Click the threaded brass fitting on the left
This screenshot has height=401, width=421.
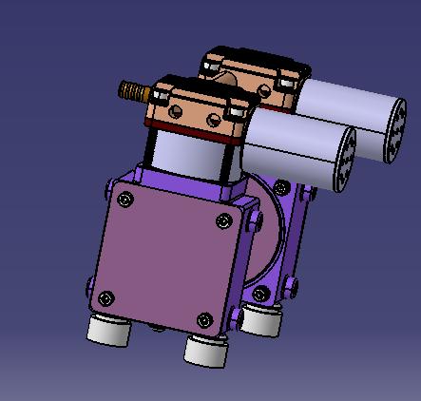(130, 92)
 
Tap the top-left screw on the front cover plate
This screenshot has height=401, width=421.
(123, 200)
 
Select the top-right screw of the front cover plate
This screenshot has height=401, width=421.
(223, 221)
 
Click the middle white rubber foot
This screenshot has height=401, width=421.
(207, 350)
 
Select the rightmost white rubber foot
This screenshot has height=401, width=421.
(259, 319)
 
